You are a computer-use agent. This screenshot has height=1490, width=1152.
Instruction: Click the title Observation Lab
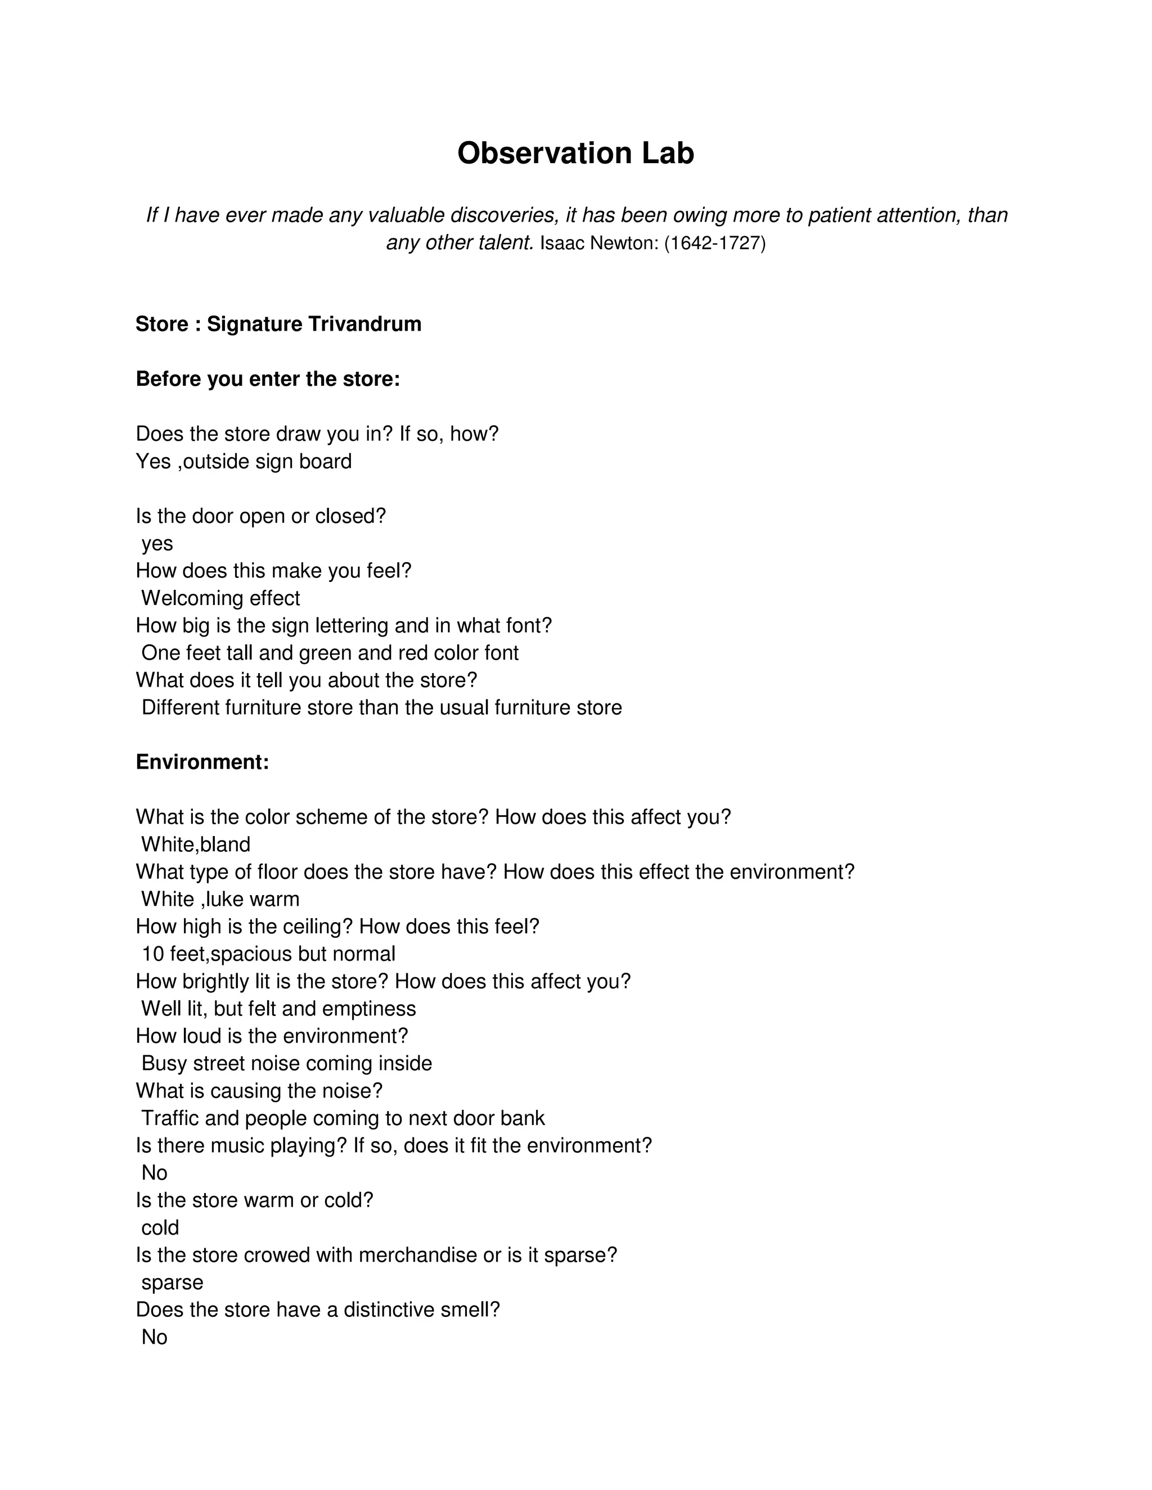coord(575,153)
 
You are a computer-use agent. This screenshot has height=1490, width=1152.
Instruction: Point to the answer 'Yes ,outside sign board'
coord(244,462)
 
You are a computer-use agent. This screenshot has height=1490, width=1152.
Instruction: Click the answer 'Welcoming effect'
coord(220,598)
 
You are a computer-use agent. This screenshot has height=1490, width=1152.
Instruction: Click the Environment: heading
coord(202,762)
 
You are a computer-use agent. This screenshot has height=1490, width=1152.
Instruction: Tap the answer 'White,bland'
coord(196,845)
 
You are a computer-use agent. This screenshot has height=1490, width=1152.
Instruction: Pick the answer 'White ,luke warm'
coord(220,899)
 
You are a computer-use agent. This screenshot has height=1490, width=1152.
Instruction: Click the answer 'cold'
coord(160,1228)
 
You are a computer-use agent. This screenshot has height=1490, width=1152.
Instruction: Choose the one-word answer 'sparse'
coord(172,1283)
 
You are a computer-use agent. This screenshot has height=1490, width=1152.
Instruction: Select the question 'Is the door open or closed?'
coord(260,517)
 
